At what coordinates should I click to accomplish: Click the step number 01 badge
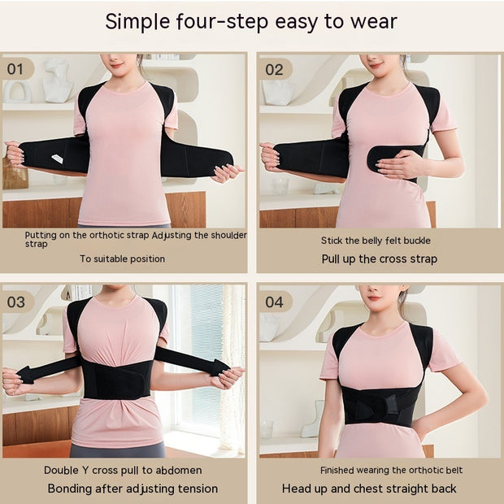[x=16, y=68]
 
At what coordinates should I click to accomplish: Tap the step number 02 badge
[x=274, y=68]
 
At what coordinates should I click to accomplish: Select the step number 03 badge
[x=16, y=302]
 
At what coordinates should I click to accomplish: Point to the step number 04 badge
[x=274, y=302]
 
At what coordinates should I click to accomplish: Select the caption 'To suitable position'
[x=122, y=259]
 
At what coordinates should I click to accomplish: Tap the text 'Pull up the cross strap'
[x=378, y=259]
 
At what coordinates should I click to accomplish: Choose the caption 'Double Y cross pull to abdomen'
[x=124, y=470]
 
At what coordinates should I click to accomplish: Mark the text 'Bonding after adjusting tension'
[x=133, y=489]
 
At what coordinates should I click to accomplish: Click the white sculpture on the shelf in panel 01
[x=57, y=79]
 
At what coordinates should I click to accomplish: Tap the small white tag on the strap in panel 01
[x=58, y=159]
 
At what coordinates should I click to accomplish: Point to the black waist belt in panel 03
[x=118, y=379]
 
